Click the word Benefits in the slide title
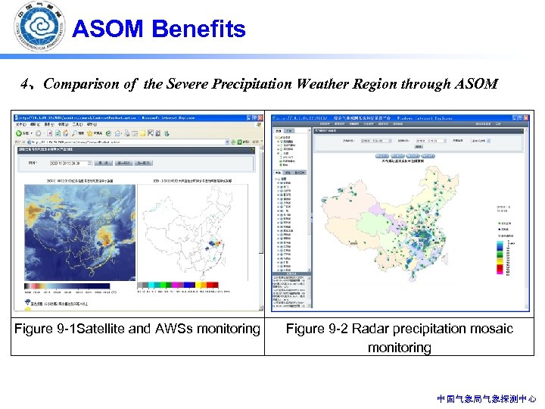coord(198,30)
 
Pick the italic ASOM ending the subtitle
coord(475,84)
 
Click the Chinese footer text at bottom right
coord(487,398)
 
